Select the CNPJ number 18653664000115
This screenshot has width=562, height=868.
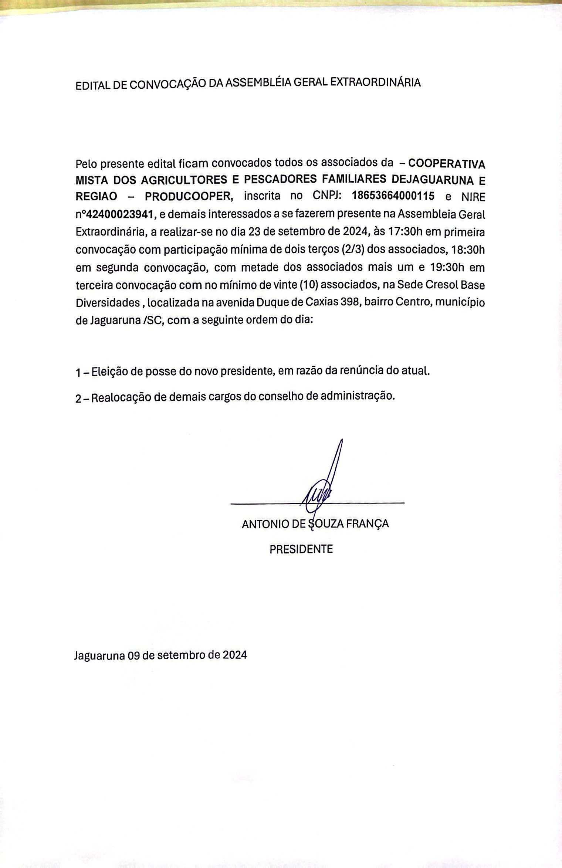pos(393,196)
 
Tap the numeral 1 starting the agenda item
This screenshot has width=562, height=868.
pos(78,373)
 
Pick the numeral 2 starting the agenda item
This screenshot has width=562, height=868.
pos(78,399)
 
